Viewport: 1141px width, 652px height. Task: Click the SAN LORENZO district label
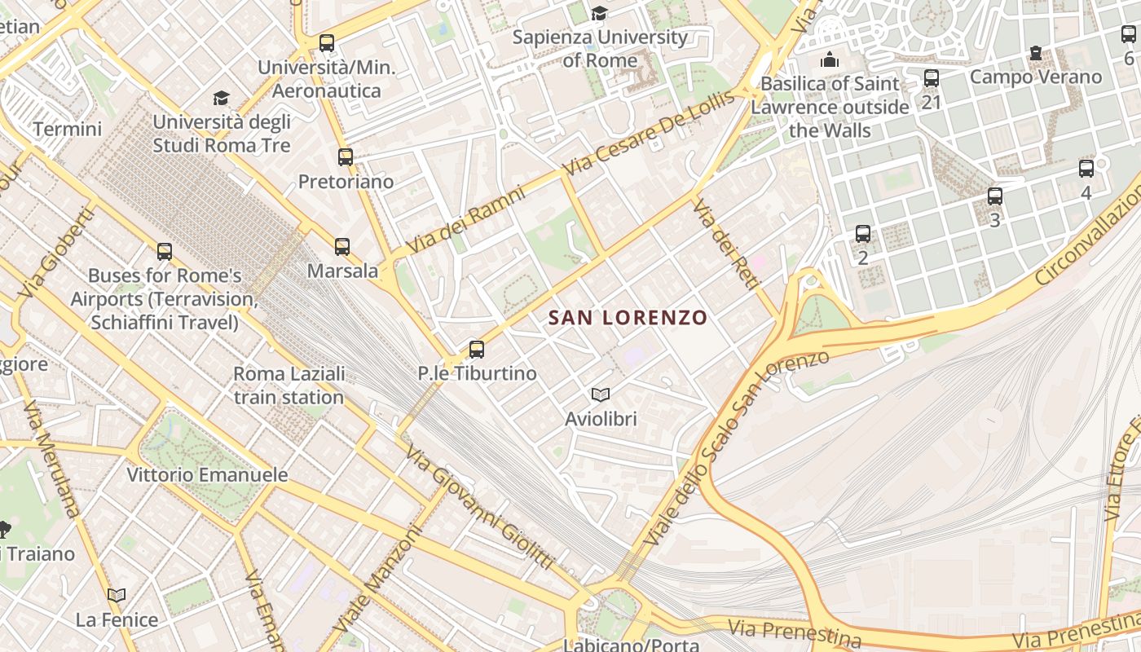[627, 318]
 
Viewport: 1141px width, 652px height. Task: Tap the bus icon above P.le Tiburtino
[477, 350]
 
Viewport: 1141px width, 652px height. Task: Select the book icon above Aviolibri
[601, 395]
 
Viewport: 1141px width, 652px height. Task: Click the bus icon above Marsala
[342, 246]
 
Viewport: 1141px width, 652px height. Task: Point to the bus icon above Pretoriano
[346, 157]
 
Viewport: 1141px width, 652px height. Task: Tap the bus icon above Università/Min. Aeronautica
[327, 43]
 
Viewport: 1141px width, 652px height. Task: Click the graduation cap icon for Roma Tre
[221, 99]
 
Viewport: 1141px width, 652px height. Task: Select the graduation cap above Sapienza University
[599, 13]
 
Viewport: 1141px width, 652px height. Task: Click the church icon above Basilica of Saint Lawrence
[830, 59]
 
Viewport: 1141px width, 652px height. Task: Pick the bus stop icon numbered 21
[931, 78]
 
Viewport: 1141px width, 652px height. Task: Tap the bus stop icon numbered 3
[994, 196]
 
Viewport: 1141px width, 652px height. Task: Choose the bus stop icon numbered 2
[863, 235]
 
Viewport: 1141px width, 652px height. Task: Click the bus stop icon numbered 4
[1086, 169]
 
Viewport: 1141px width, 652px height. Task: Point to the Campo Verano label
[1035, 77]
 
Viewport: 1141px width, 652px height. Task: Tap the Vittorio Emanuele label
[207, 474]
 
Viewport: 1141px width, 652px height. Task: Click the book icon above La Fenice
[117, 596]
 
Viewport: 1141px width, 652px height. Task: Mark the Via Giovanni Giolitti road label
[480, 509]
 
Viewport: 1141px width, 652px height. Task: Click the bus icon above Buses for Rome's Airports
[165, 252]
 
